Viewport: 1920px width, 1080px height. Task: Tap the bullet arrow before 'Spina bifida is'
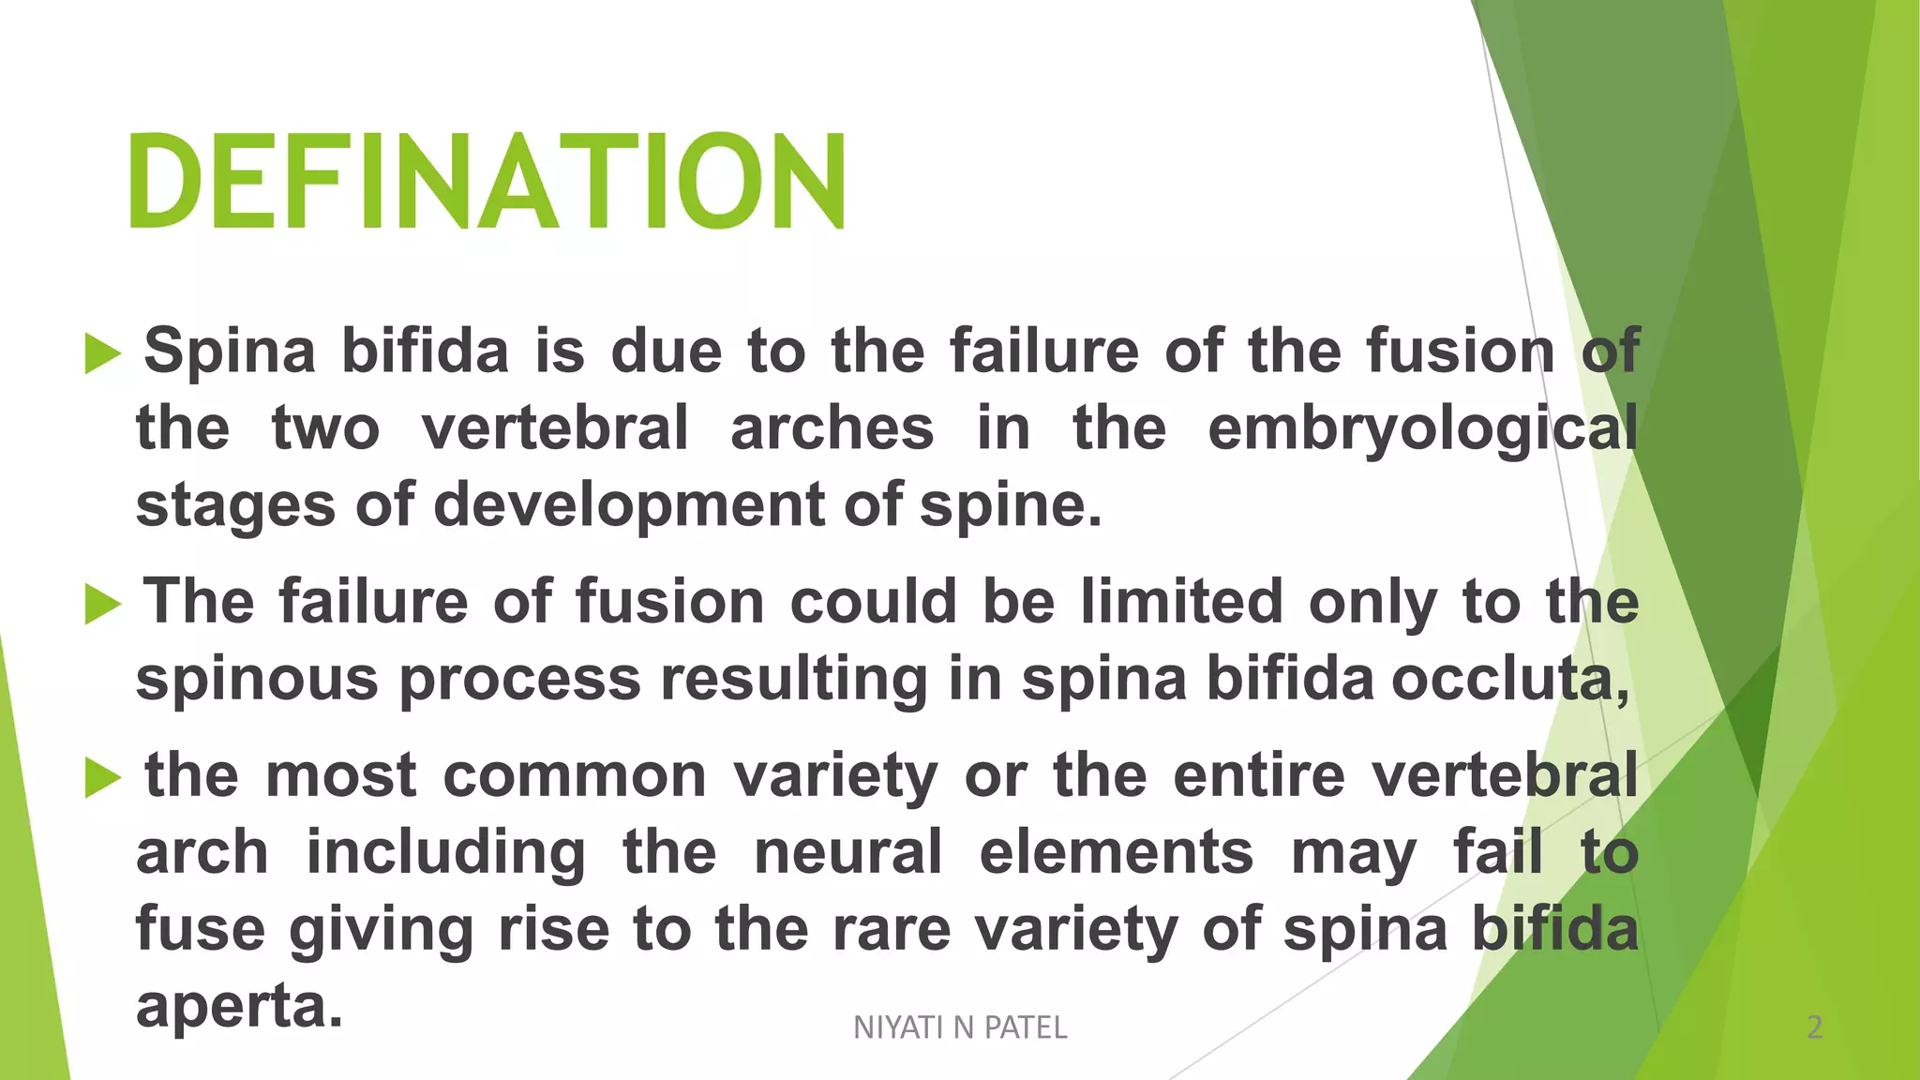point(103,354)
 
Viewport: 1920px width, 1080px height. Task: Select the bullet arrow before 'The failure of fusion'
point(103,604)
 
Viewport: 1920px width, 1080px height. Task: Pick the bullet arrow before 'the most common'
point(103,777)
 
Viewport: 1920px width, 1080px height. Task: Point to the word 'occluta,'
point(1509,679)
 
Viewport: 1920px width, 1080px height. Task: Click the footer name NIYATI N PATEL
point(960,1027)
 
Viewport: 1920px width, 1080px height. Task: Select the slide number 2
point(1814,1027)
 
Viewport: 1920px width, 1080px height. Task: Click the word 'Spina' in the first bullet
point(230,352)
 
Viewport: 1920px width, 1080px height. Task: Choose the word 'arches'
point(832,428)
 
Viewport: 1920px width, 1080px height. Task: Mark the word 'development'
point(628,506)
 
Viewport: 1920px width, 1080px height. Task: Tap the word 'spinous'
point(257,679)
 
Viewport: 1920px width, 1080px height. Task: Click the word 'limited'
point(1181,601)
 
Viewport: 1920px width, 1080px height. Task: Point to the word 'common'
point(574,776)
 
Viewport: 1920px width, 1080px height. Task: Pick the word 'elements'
point(1116,852)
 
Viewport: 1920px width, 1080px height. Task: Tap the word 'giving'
point(382,931)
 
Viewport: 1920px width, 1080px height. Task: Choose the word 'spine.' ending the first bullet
point(1011,506)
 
